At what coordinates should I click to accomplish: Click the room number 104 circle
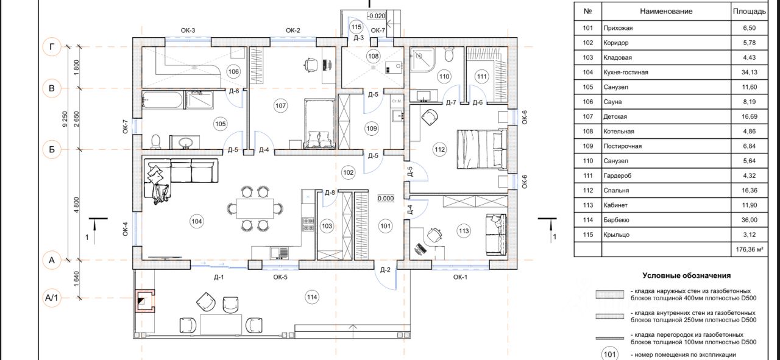coord(196,222)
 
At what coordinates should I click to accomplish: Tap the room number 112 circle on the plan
coord(439,150)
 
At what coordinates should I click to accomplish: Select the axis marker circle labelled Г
coord(52,47)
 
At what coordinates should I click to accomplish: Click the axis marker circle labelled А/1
coord(52,298)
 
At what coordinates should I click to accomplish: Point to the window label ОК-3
coord(188,30)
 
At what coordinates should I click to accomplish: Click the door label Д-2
coord(385,270)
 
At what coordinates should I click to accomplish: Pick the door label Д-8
coord(330,192)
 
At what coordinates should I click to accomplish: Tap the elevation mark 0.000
coord(386,199)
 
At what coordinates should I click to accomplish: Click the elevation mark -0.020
coord(377,16)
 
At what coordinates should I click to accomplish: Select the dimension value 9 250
coord(65,119)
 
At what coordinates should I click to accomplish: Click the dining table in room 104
coord(255,208)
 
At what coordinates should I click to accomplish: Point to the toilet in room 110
coord(449,55)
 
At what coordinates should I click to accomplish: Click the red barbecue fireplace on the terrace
coord(145,301)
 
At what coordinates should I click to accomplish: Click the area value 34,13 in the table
coord(749,72)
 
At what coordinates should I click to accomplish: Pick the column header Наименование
coord(666,12)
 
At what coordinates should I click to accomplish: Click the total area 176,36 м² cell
coord(750,250)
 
